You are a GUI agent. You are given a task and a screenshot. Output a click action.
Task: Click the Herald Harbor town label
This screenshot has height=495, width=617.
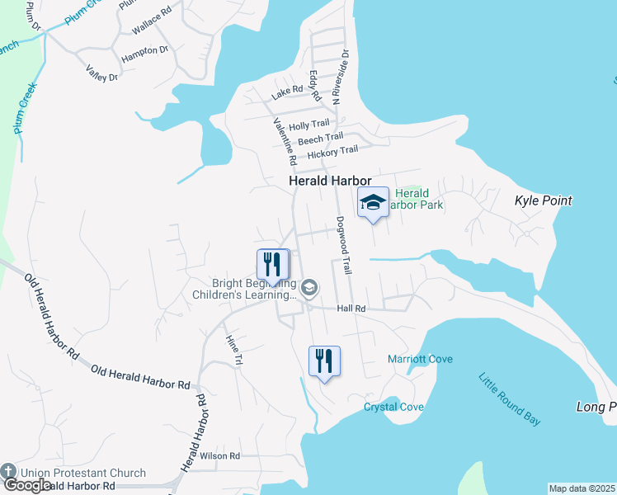(330, 181)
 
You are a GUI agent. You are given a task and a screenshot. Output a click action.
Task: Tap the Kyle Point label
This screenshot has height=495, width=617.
(543, 200)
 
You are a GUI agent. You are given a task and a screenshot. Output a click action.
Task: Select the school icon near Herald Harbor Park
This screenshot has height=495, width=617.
(373, 203)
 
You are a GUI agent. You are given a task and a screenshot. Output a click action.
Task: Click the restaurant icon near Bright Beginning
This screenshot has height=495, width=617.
(273, 265)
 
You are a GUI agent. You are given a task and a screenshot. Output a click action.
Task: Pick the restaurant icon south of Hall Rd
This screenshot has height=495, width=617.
(324, 361)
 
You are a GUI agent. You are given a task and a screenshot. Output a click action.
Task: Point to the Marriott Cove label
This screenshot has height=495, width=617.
(420, 359)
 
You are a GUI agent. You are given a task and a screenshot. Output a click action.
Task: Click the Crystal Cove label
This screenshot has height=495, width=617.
(393, 407)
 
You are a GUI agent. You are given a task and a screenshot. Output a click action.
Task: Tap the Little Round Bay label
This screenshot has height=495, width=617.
(509, 399)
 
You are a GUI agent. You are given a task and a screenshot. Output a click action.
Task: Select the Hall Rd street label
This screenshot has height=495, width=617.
(351, 309)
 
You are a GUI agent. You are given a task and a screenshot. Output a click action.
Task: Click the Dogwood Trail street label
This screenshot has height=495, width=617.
(344, 245)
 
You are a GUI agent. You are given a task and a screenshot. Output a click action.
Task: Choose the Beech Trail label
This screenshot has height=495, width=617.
(320, 139)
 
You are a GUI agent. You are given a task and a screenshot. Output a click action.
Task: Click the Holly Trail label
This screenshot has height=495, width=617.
(308, 125)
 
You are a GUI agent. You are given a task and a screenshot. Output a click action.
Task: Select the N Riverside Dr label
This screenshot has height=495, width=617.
(340, 77)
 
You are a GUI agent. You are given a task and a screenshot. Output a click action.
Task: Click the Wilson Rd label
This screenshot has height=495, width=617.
(219, 455)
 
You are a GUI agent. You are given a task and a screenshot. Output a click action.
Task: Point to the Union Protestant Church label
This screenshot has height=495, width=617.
(82, 474)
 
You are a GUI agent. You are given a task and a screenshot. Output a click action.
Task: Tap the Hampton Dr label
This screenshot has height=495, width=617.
(145, 54)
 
